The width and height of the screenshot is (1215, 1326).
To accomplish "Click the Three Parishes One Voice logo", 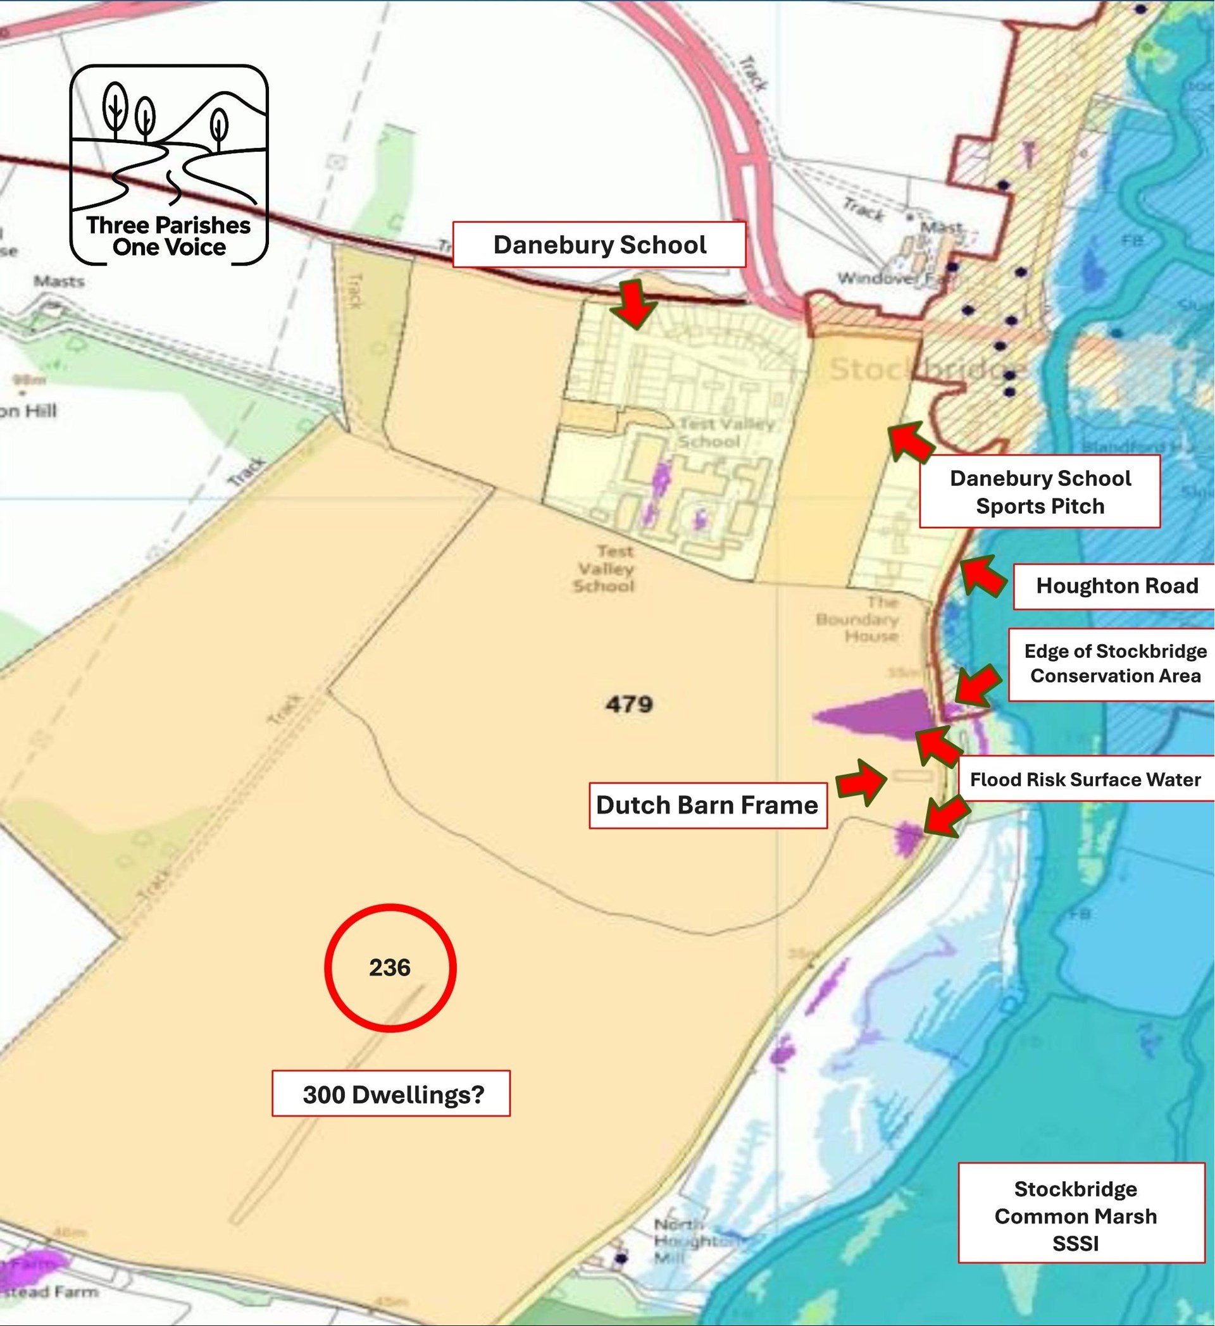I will click(169, 164).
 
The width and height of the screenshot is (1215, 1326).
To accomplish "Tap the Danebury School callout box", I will click(599, 245).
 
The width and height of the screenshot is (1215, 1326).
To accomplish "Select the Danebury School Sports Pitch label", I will click(1039, 492).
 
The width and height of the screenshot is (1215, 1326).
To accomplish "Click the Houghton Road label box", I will click(1116, 586).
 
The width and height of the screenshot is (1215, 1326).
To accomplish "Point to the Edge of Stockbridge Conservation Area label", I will click(1114, 664).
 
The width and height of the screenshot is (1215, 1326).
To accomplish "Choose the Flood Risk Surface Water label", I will click(1085, 779).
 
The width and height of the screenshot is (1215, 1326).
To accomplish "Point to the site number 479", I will click(629, 705).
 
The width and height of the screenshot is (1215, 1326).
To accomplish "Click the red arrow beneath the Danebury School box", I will click(633, 302).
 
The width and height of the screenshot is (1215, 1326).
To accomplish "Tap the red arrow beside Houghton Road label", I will click(983, 574).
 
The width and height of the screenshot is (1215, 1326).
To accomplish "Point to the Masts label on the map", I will click(59, 282).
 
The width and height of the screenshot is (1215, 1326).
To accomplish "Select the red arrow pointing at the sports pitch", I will click(911, 442).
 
